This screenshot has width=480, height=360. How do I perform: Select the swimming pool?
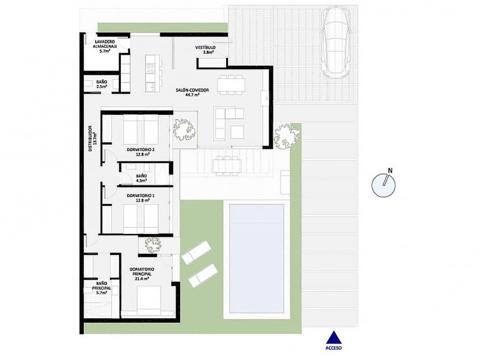click(x=256, y=258)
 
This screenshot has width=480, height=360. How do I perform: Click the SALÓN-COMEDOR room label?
click(x=192, y=90)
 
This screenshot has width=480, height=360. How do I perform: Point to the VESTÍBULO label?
click(x=205, y=48)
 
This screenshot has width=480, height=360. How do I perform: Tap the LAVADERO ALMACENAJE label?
click(x=105, y=44)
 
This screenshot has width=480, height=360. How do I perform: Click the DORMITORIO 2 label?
click(x=141, y=150)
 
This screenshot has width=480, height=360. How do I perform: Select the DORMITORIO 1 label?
click(x=141, y=196)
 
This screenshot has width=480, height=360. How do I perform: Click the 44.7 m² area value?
click(x=192, y=95)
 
